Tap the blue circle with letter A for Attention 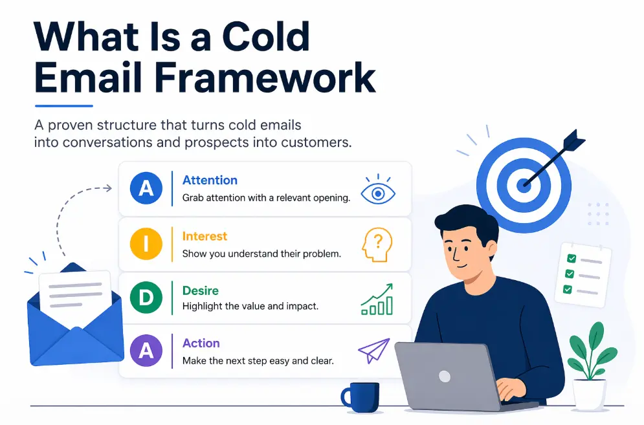coord(146,188)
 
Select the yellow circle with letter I coord(146,244)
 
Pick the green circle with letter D coord(146,298)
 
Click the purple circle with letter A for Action coord(146,351)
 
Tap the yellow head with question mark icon coord(377,245)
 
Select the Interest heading coord(205,237)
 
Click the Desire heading coord(201,291)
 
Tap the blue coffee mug coord(361,397)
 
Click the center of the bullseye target coord(523,184)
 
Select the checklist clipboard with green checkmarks coord(583,274)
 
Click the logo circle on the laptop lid coord(444,376)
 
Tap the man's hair coord(465,219)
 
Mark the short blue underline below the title coord(63,106)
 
